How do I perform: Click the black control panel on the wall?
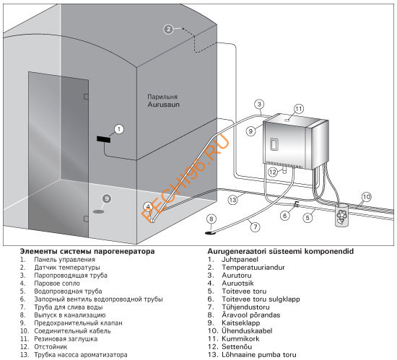(103, 139)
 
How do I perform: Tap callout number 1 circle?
(119, 129)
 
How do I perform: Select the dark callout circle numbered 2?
(168, 30)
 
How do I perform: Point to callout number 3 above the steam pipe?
(259, 104)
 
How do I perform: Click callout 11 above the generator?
(299, 109)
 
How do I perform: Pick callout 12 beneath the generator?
(273, 172)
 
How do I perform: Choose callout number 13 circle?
(232, 200)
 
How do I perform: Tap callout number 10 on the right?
(367, 197)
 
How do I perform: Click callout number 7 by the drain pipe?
(256, 227)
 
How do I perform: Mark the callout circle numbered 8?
(211, 219)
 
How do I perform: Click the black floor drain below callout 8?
(210, 232)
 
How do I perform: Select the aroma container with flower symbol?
(341, 215)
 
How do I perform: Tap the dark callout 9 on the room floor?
(107, 199)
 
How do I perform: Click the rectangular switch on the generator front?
(274, 144)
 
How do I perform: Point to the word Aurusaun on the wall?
(164, 105)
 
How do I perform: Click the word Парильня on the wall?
(162, 97)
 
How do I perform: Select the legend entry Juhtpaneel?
(240, 260)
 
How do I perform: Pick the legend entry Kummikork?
(240, 339)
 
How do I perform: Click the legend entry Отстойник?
(51, 347)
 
